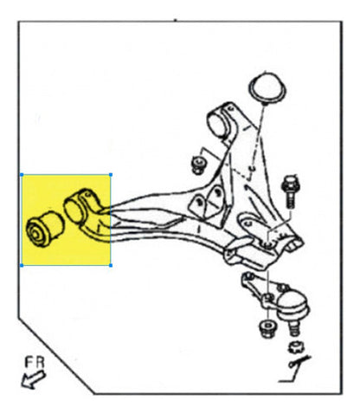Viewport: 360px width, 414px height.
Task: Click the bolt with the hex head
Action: pos(290,184)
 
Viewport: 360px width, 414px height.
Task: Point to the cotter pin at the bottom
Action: pos(299,371)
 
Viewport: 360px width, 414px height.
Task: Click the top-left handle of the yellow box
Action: pos(22,174)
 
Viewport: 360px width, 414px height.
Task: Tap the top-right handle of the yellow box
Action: pos(111,174)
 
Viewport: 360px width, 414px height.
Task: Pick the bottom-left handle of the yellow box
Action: pos(22,264)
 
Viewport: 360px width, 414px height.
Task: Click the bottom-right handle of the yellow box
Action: pos(111,264)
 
